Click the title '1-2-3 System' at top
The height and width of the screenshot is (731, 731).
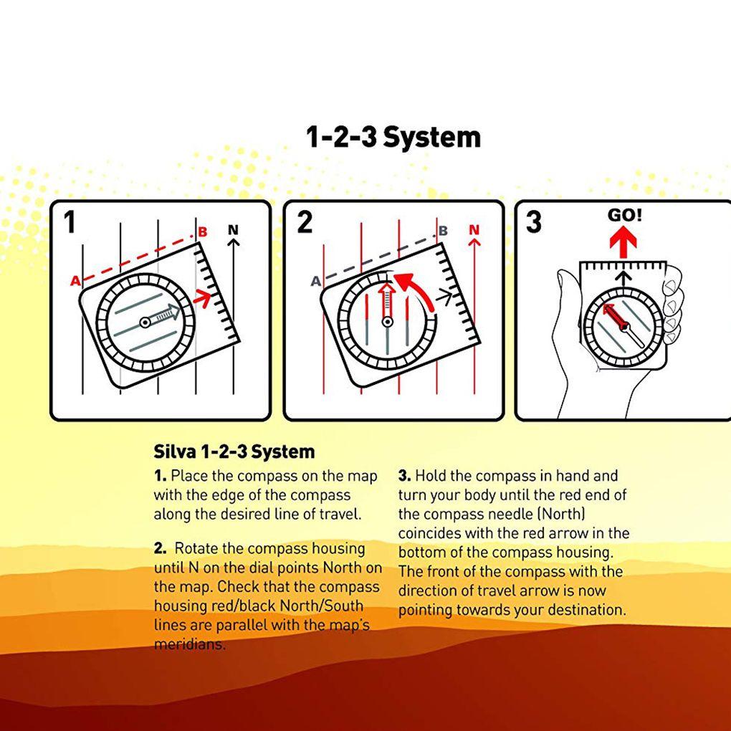pyautogui.click(x=393, y=138)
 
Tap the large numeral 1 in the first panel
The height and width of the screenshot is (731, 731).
pyautogui.click(x=70, y=222)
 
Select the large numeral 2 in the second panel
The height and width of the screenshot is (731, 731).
pyautogui.click(x=305, y=222)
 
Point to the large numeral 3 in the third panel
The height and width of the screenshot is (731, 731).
pyautogui.click(x=534, y=222)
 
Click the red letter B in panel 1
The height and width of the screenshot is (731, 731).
pyautogui.click(x=202, y=231)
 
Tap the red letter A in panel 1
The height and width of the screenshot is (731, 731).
pyautogui.click(x=75, y=281)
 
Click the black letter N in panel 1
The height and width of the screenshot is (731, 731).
pyautogui.click(x=233, y=230)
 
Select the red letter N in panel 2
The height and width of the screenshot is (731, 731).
pyautogui.click(x=474, y=230)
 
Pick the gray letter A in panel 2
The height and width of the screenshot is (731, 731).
pyautogui.click(x=316, y=281)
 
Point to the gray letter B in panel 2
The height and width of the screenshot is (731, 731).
pyautogui.click(x=443, y=231)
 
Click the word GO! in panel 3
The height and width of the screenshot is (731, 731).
pyautogui.click(x=625, y=215)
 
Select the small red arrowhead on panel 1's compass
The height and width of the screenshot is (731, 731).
pyautogui.click(x=202, y=297)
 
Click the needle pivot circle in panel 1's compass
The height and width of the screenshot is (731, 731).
pyautogui.click(x=145, y=322)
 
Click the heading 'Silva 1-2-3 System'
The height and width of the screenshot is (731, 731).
pyautogui.click(x=234, y=451)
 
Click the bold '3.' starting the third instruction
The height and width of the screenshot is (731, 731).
pyautogui.click(x=404, y=476)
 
